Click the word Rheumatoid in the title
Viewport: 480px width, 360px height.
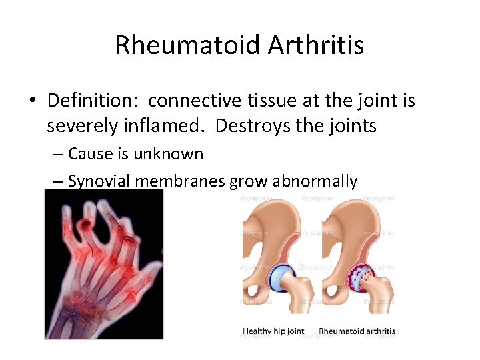point(186,45)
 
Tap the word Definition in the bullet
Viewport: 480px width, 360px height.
point(92,101)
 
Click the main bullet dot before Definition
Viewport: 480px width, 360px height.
point(32,101)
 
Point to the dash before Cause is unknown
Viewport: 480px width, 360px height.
point(57,155)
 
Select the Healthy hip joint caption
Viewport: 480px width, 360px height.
point(273,331)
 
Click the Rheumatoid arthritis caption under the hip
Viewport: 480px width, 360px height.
point(357,331)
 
